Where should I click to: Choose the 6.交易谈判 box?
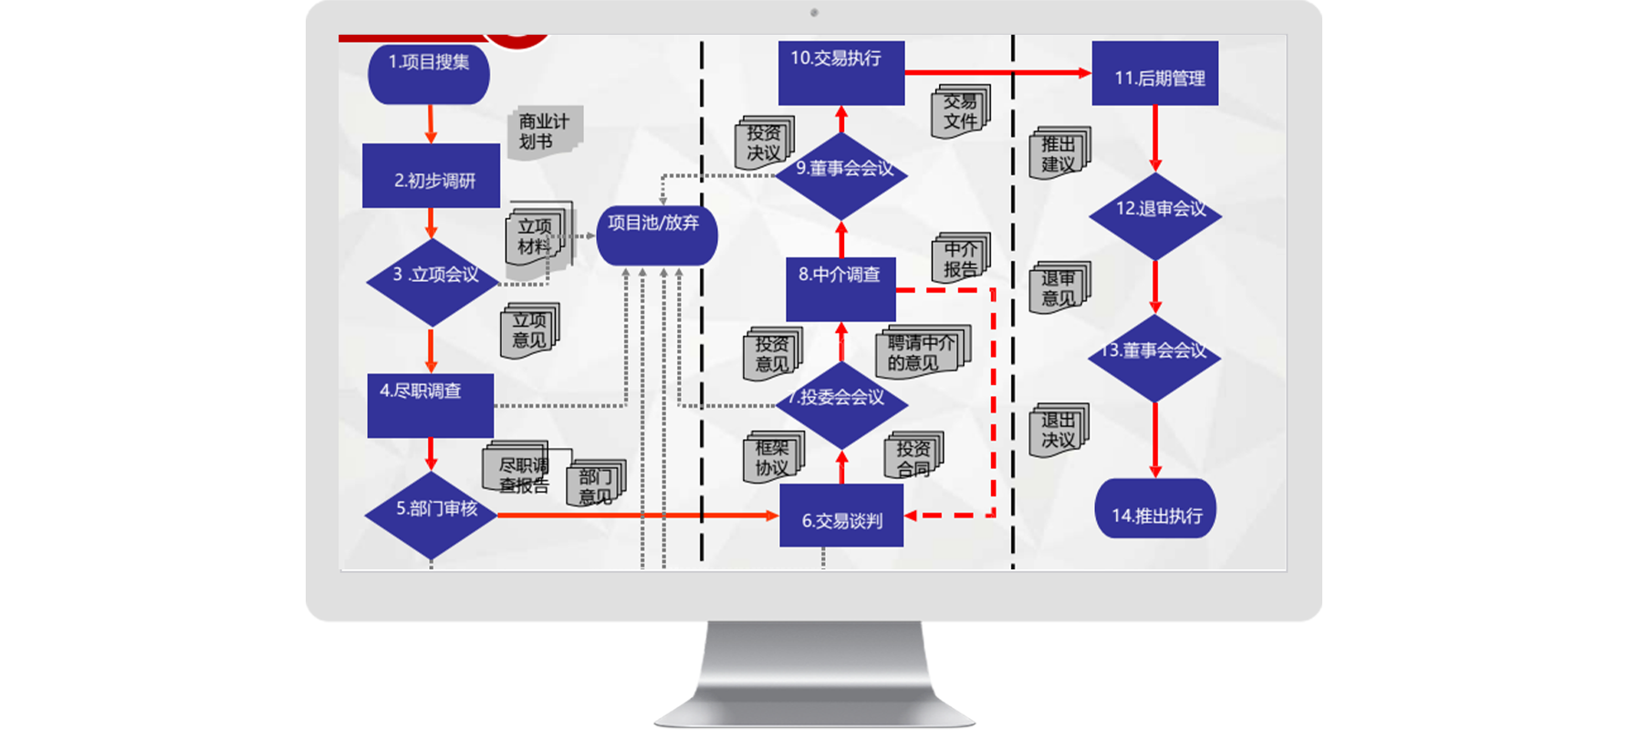pyautogui.click(x=841, y=516)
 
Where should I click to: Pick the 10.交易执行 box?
pyautogui.click(x=841, y=72)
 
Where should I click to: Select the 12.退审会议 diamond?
pyautogui.click(x=1155, y=215)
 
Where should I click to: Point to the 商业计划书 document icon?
pyautogui.click(x=544, y=132)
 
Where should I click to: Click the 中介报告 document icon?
pyautogui.click(x=961, y=258)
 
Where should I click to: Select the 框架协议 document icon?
pyautogui.click(x=774, y=456)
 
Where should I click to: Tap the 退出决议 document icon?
pyautogui.click(x=1059, y=430)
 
